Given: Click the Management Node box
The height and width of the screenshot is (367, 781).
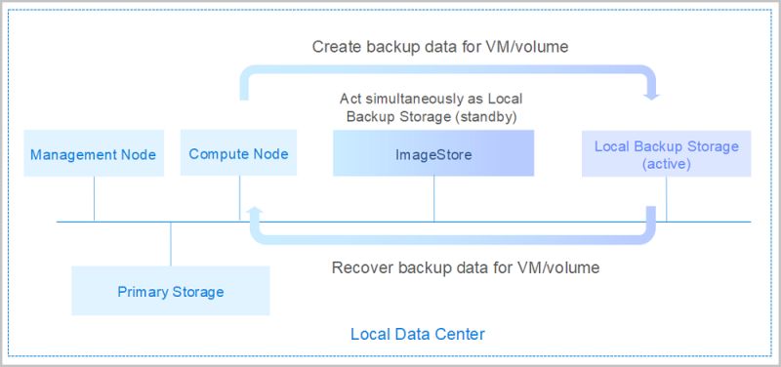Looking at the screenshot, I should click(x=94, y=154).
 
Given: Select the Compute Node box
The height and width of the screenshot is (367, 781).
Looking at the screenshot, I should click(x=238, y=154).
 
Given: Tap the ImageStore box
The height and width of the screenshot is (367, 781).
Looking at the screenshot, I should click(x=433, y=154).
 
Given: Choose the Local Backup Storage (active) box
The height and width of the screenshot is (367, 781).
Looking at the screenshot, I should click(x=667, y=154).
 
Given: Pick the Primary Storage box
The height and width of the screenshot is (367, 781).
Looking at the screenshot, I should click(x=171, y=291).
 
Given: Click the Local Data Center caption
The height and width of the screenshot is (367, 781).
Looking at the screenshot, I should click(x=418, y=335).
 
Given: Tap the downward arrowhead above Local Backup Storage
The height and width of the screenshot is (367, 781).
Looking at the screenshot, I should click(x=653, y=95).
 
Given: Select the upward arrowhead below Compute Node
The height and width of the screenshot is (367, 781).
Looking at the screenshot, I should click(x=254, y=210).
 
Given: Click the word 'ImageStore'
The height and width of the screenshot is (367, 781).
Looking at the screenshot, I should click(x=433, y=154).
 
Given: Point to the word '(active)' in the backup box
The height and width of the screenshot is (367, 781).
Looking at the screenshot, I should click(x=667, y=164).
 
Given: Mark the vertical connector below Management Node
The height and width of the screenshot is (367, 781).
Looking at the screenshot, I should click(x=94, y=199).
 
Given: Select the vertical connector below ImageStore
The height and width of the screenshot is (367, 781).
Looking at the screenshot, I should click(x=433, y=199).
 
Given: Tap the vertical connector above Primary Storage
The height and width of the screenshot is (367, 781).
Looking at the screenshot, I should click(x=171, y=244).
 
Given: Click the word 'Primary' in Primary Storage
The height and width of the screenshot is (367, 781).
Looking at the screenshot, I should click(x=143, y=291).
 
